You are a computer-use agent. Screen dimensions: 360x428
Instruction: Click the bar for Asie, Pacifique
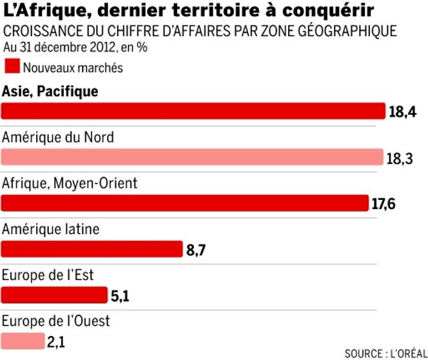193,112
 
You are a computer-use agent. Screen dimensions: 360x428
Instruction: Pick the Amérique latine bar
93,249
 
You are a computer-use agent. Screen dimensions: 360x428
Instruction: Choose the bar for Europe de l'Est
55,295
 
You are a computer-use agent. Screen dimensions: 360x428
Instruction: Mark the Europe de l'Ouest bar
23,341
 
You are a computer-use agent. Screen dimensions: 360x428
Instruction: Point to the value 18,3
401,157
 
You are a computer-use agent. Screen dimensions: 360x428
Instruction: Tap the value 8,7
196,250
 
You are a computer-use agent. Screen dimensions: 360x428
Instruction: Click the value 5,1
119,295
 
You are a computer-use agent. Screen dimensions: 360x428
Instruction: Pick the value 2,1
56,341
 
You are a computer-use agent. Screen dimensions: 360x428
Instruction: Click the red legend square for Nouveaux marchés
12,65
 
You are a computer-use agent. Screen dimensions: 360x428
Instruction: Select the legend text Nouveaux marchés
72,66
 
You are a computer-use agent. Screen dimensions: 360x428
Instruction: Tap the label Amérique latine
51,229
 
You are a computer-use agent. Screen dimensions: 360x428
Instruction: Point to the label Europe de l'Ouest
57,321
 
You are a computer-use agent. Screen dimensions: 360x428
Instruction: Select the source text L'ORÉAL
405,354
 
